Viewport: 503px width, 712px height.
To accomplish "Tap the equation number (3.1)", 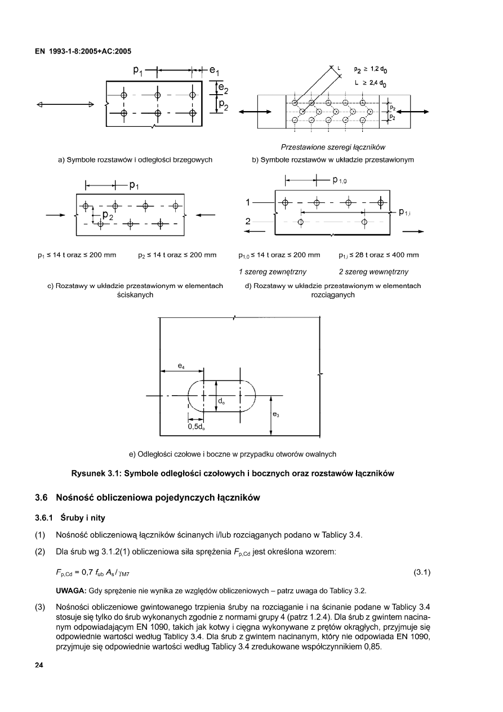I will [x=422, y=573].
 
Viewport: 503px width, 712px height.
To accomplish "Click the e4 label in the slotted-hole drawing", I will [x=181, y=365].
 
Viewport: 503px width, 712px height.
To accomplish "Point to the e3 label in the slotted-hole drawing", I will [x=276, y=415].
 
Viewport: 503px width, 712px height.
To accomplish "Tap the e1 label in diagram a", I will [x=215, y=72].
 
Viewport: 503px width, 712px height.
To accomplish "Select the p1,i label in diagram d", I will [x=407, y=213].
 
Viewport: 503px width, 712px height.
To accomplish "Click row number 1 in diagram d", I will [x=248, y=202].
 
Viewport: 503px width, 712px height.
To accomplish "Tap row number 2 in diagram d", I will [x=248, y=221].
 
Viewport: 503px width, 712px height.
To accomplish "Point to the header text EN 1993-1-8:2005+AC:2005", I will [x=83, y=51].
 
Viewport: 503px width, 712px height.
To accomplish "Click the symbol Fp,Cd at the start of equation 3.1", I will [x=65, y=574].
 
